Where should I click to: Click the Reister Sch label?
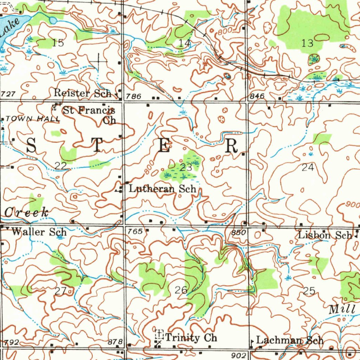[x=82, y=93]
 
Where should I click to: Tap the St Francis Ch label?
[x=89, y=115]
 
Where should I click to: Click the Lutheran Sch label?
[x=162, y=189]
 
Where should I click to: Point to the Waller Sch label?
[x=39, y=232]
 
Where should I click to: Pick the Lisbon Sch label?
[x=325, y=235]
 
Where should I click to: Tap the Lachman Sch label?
[x=290, y=340]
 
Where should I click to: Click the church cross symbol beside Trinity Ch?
[x=160, y=333]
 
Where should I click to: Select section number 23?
[x=186, y=168]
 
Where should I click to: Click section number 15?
[x=58, y=43]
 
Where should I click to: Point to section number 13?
[x=307, y=43]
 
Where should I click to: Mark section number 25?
[x=309, y=291]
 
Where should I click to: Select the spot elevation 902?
[x=239, y=355]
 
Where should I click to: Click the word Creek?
[x=27, y=212]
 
